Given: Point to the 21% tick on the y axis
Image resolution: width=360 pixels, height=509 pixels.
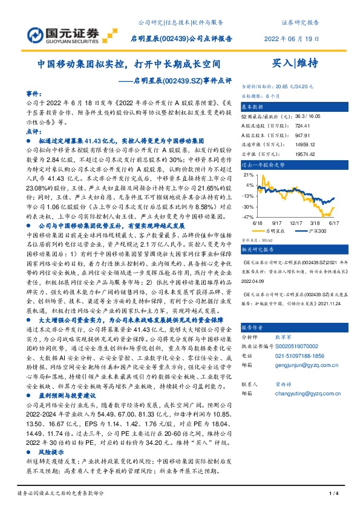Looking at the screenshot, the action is (247, 174).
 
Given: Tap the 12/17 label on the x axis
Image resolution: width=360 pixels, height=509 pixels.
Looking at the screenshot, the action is (296, 222).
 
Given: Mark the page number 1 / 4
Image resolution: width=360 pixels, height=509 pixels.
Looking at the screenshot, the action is (332, 495).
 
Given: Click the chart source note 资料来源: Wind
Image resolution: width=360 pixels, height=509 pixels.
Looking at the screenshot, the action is (258, 238).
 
